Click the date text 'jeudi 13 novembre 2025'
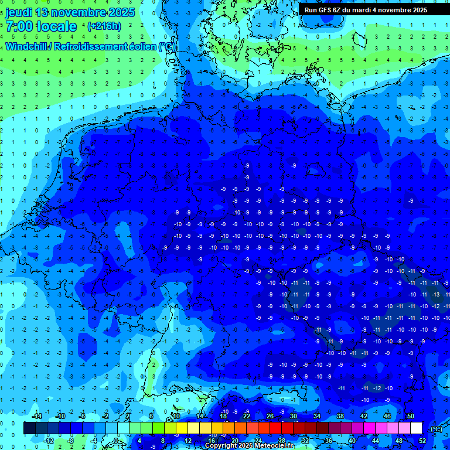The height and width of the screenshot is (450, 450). (70, 12)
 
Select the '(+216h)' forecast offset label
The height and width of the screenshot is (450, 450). (104, 26)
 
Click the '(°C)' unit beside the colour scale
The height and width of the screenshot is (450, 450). (437, 429)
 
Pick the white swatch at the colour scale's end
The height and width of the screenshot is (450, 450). (416, 428)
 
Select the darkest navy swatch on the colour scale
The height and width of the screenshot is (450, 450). (29, 428)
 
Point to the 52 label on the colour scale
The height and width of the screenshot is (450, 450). (422, 440)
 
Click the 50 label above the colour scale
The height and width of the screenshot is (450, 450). (410, 416)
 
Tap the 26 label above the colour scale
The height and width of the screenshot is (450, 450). (270, 416)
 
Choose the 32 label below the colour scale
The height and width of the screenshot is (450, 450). (305, 440)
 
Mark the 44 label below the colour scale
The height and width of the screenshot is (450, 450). (375, 440)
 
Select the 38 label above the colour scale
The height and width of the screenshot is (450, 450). (340, 416)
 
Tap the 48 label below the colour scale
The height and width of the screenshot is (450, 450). (398, 440)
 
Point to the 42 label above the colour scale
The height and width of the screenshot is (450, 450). (363, 416)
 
